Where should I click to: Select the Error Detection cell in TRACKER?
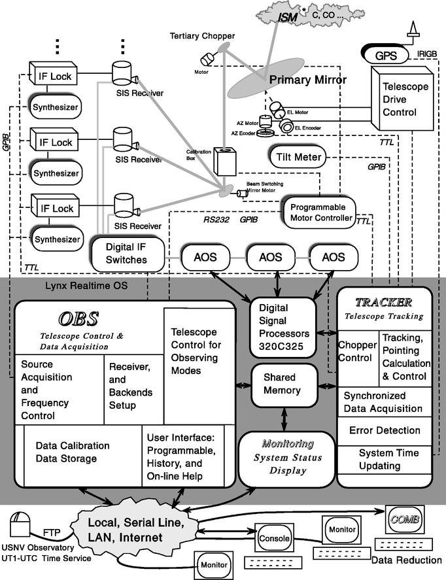tap(385, 430)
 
